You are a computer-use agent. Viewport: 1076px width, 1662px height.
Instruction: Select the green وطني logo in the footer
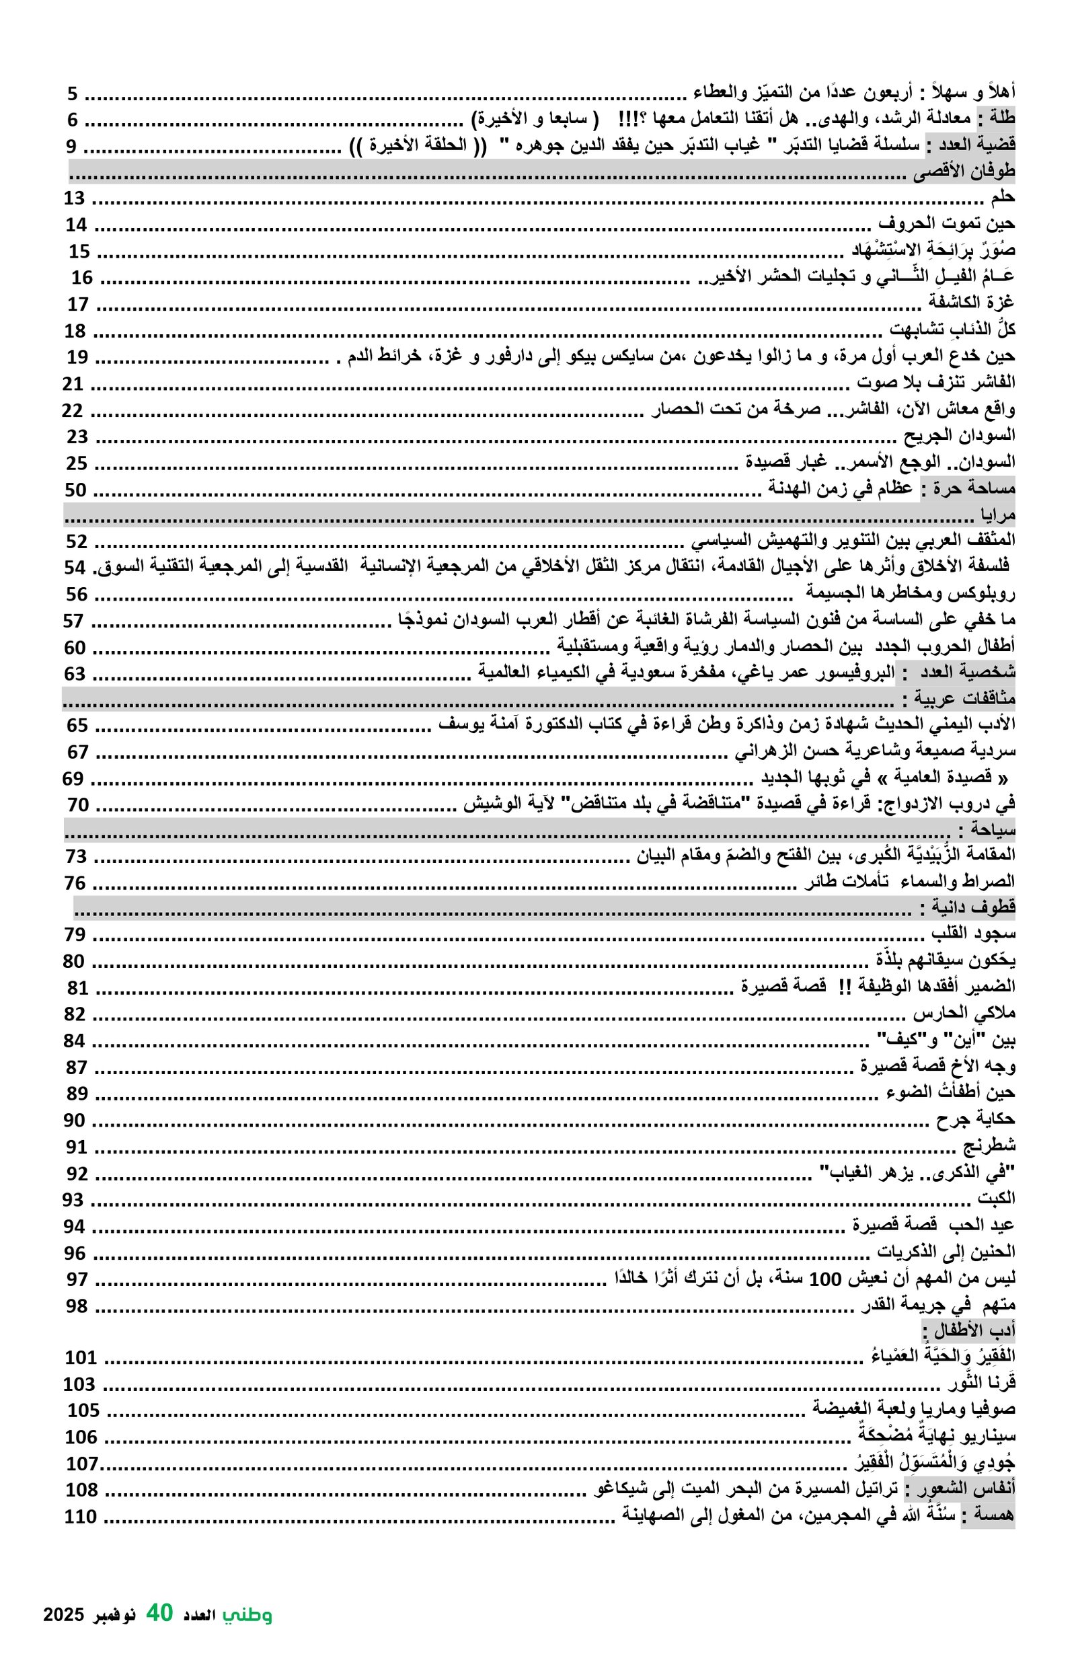247,1614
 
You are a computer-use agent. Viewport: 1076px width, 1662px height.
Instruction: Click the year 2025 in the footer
63,1615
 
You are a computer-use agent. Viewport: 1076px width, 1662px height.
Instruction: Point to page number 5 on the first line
73,93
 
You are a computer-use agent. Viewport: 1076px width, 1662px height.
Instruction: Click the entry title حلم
1003,198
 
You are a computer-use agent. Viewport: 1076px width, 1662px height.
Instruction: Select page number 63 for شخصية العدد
75,674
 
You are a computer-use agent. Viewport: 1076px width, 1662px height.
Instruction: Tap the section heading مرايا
999,517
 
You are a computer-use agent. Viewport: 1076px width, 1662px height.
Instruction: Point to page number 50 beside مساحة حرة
75,490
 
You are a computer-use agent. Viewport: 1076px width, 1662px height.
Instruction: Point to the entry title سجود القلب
973,935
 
